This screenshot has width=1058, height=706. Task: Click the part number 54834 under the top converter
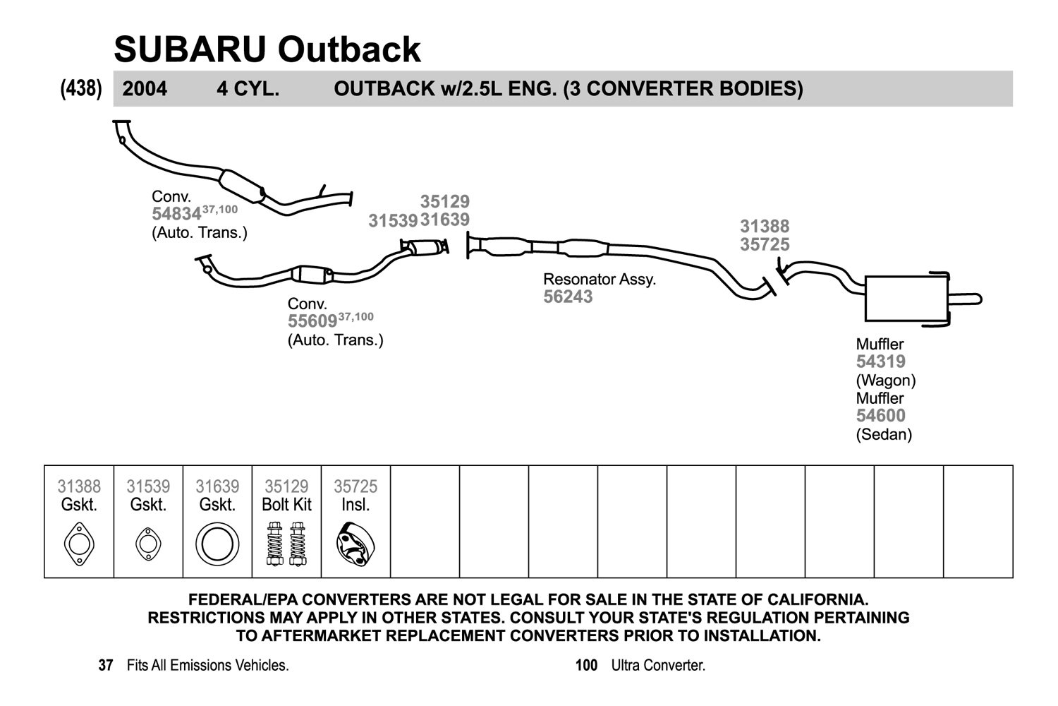point(176,214)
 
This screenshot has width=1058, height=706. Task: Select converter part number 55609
point(312,321)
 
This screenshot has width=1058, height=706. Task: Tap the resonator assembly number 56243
point(568,297)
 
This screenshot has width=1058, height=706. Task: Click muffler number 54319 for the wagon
point(881,361)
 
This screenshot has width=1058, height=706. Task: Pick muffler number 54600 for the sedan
point(881,415)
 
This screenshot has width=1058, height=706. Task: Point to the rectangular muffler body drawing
point(906,299)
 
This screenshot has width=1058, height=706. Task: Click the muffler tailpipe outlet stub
point(965,299)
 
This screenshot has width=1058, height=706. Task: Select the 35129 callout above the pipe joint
point(445,201)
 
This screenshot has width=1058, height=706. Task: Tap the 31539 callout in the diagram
point(393,220)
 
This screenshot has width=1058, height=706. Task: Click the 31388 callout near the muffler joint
point(765,226)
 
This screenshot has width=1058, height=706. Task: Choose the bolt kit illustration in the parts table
point(286,544)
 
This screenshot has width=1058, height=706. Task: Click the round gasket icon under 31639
point(217,544)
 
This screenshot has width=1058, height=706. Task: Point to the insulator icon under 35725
point(355,544)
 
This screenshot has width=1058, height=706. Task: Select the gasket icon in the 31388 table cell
point(79,544)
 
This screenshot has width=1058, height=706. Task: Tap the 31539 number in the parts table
point(148,486)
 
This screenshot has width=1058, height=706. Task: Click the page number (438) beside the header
point(81,88)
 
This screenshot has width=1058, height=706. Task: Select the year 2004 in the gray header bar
point(145,89)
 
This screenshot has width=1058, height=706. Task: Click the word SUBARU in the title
point(190,49)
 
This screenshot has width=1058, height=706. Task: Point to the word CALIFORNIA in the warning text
point(817,599)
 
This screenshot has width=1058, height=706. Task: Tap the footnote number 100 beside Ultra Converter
point(586,665)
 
